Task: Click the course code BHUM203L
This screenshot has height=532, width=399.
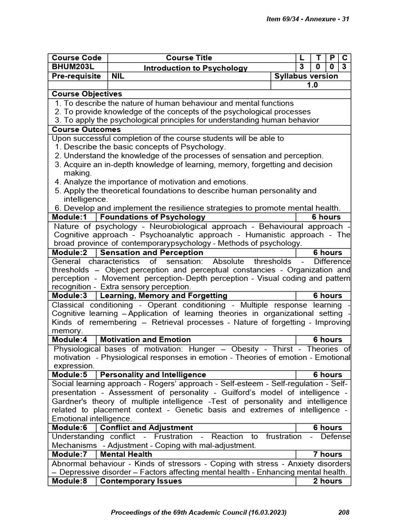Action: point(71,67)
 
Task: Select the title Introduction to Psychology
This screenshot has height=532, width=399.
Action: point(189,68)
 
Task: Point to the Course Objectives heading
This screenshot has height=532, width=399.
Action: point(87,94)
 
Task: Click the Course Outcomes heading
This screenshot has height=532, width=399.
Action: point(86,129)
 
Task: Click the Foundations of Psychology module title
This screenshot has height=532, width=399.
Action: point(152,217)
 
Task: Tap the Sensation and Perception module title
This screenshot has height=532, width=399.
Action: point(151,252)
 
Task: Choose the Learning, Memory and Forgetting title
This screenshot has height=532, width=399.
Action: point(164,296)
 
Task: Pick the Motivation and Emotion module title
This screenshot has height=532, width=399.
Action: point(145,340)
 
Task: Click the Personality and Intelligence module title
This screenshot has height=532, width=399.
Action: point(153,375)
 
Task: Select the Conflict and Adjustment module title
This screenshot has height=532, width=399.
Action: point(146,428)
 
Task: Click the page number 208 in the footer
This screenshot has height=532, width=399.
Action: point(343,512)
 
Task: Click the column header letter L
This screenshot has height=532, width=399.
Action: point(302,58)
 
